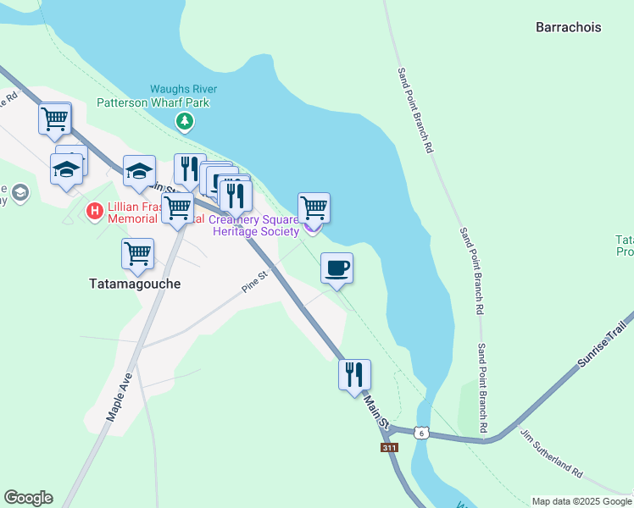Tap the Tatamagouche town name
pos(135,284)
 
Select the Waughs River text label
pos(184,89)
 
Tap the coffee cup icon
pos(336,268)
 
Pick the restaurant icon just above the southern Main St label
pos(354,374)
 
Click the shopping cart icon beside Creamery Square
pos(314,207)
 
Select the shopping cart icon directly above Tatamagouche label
pos(137,252)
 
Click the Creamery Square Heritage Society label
pos(256,224)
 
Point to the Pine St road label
pos(255,282)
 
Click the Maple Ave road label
pos(116,398)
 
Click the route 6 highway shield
pos(421,433)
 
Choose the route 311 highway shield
pos(389,447)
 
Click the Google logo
pos(28,498)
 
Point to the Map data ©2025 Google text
pos(582,501)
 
